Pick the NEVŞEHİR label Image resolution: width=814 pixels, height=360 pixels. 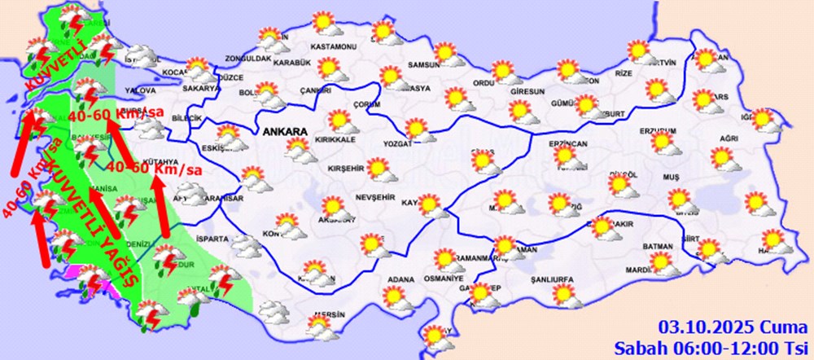[375, 199]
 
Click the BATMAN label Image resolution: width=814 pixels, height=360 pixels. [656, 247]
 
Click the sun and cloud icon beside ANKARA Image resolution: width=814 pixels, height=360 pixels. [298, 150]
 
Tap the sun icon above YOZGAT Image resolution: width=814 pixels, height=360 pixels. [416, 129]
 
